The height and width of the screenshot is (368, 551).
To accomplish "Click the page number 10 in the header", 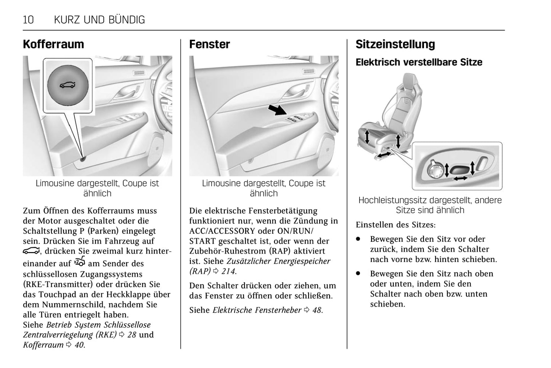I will click(28, 20).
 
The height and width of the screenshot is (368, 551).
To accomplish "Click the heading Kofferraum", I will click(53, 44).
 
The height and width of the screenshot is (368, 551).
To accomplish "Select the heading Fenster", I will click(209, 44).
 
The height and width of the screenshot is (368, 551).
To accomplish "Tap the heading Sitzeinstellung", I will click(395, 44).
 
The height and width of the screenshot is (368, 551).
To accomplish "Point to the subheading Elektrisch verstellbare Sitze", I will click(419, 62).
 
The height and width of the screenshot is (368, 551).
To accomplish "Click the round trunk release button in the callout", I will click(67, 85).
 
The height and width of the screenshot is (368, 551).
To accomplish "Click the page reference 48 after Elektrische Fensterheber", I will click(317, 310).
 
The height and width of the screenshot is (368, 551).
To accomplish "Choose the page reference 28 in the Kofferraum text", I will click(131, 335).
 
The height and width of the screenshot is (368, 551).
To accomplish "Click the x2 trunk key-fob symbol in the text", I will click(80, 262).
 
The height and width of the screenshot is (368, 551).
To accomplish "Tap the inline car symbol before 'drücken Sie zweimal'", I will click(31, 251).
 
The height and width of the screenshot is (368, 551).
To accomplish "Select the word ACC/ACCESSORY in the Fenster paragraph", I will click(222, 231).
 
